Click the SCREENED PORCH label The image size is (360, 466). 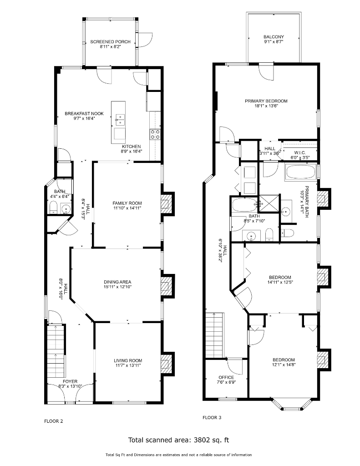tap(110, 42)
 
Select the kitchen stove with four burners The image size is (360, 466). tap(155, 134)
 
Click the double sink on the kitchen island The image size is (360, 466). tap(120, 120)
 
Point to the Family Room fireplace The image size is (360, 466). tap(167, 203)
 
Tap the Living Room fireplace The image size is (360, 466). tap(167, 364)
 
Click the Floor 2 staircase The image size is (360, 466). tap(56, 352)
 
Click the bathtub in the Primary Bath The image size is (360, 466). tap(301, 172)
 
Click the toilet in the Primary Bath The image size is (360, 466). tap(287, 233)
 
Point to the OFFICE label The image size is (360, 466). tap(226, 377)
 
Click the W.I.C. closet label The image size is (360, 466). tap(300, 152)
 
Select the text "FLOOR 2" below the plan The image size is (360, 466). tap(54, 421)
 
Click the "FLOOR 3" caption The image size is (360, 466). tap(212, 417)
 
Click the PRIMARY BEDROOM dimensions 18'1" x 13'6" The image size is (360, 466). tap(266, 106)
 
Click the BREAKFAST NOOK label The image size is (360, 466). tap(84, 113)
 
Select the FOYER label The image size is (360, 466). tap(70, 382)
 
